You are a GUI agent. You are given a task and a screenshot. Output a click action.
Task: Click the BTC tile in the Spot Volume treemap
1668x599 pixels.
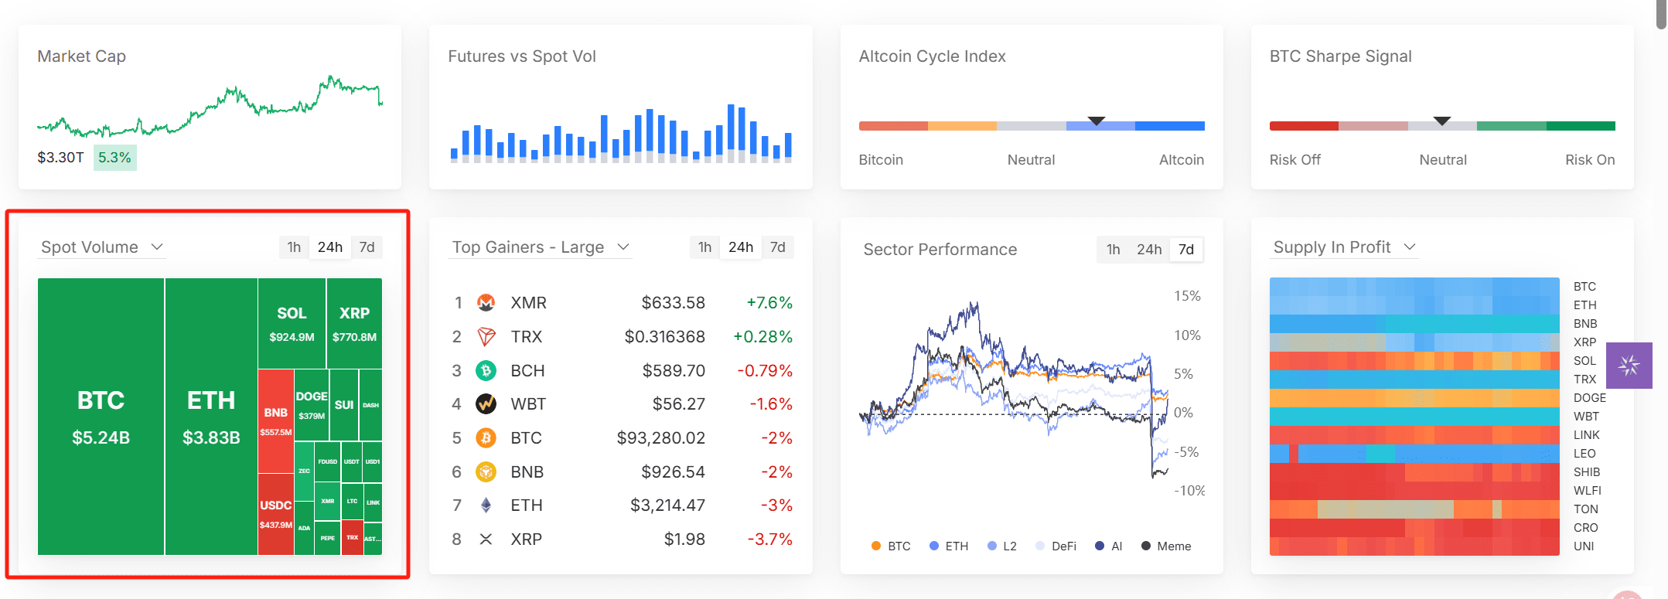coord(101,417)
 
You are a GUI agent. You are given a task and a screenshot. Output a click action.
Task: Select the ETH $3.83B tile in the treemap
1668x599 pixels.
coord(211,417)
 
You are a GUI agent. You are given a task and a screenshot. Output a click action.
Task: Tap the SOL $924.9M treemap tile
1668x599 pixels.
coord(292,324)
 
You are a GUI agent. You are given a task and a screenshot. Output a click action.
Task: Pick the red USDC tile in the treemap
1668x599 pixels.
coord(275,514)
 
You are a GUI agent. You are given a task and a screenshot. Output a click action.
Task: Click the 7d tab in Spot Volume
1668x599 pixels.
coord(367,247)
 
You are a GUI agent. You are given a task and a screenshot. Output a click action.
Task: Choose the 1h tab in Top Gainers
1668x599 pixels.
coord(704,247)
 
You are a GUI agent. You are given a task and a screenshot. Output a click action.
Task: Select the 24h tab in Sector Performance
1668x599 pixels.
coord(1148,250)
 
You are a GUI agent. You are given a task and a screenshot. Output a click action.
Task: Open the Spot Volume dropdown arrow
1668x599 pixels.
coord(158,247)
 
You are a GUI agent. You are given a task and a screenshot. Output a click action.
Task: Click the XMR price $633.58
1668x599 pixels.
coord(673,303)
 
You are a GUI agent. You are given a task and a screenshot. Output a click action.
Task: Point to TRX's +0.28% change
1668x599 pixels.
coord(762,337)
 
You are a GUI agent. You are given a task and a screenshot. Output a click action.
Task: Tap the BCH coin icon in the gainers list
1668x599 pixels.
coord(486,371)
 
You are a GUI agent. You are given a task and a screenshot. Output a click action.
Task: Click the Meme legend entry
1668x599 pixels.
coord(1166,546)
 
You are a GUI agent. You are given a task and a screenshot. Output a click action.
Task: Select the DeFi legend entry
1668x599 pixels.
coord(1056,546)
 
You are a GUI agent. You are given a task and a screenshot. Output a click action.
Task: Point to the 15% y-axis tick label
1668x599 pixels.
coord(1187,296)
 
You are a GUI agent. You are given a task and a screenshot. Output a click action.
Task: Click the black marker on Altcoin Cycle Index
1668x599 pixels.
coord(1096,121)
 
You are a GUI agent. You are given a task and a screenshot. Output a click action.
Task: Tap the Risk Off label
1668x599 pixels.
coord(1294,160)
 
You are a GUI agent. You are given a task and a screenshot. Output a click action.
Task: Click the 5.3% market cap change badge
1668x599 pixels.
coord(114,158)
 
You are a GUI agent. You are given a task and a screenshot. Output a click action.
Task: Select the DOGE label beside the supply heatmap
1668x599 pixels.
coord(1589,398)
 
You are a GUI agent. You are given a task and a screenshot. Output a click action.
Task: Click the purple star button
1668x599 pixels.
coord(1629,366)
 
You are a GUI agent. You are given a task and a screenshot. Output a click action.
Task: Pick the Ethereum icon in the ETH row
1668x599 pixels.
coord(486,505)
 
